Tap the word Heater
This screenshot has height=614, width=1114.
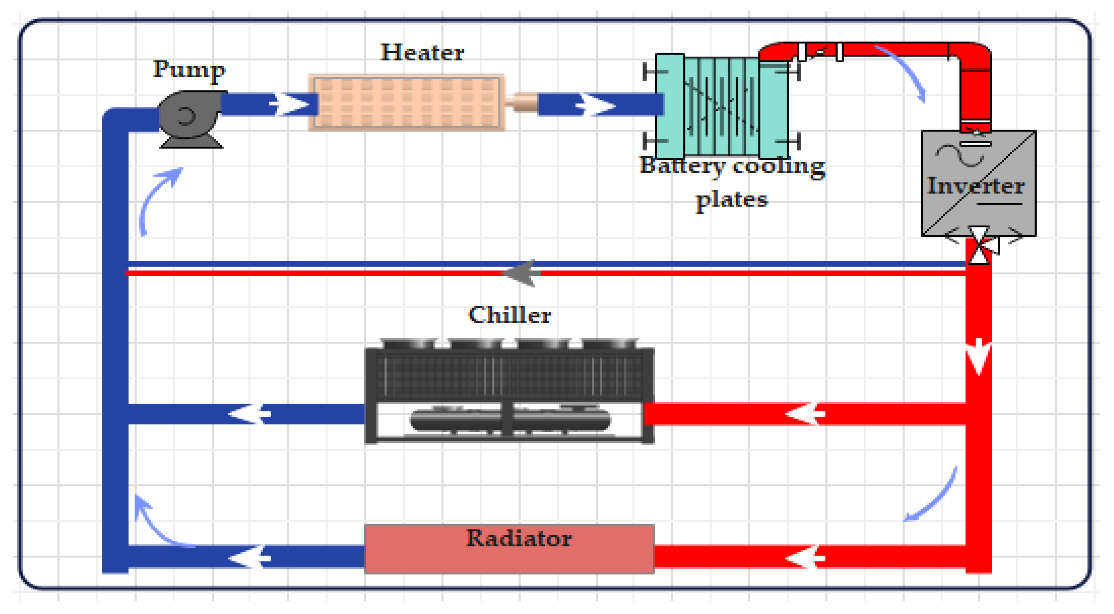pos(422,53)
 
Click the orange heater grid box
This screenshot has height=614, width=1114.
pos(406,102)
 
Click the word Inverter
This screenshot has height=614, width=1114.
pos(975,186)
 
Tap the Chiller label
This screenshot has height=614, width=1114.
pos(509,315)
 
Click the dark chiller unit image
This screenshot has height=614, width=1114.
pos(509,392)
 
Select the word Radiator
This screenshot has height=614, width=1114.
pos(518,539)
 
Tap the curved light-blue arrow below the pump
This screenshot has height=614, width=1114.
pos(158,199)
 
